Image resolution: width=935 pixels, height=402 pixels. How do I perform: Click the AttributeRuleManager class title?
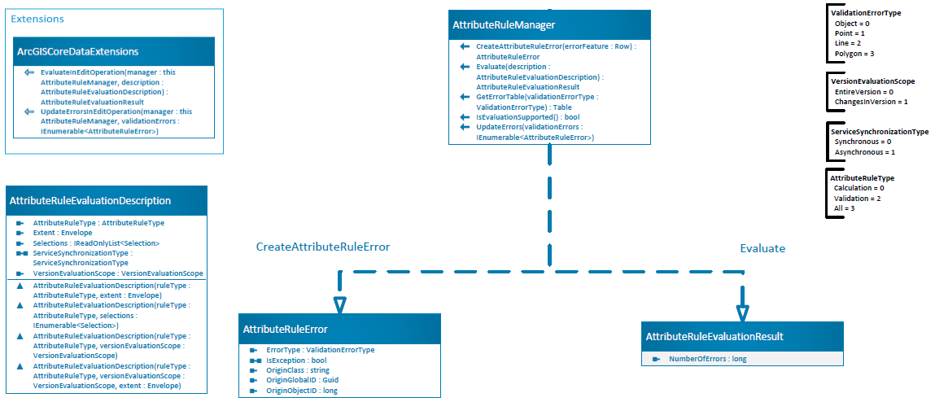504,25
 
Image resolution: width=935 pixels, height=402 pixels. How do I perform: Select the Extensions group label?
37,19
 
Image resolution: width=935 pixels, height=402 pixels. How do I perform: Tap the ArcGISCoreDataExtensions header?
78,51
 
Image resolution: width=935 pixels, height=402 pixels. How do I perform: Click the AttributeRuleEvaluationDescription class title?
90,201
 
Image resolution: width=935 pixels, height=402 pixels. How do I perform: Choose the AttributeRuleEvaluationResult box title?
714,336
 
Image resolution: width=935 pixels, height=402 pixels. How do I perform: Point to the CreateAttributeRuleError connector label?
323,247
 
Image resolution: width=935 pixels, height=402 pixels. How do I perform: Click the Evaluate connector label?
762,247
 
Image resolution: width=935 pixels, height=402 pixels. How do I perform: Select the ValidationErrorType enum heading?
866,13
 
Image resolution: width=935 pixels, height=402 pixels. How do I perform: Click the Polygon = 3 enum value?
855,54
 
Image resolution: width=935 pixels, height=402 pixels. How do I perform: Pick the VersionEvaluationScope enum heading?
872,81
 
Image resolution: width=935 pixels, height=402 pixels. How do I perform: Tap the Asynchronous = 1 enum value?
865,152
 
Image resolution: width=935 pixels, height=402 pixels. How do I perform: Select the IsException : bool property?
296,360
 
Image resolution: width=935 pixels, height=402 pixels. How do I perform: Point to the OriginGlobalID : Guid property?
302,380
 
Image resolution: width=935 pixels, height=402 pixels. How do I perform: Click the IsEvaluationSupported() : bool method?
528,117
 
